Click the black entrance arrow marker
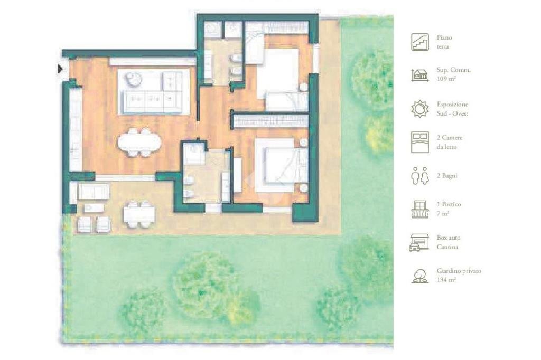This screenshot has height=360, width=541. (61, 69)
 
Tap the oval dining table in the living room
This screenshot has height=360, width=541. (139, 141)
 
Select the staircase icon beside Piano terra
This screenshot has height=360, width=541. (420, 42)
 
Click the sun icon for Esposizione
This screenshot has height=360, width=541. (420, 109)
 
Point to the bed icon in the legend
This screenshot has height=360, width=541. (420, 142)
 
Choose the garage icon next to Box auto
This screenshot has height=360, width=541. (419, 242)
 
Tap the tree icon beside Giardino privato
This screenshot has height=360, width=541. (420, 276)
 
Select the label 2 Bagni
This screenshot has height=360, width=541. (447, 176)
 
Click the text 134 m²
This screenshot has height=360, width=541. (446, 280)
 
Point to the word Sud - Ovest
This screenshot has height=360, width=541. (452, 114)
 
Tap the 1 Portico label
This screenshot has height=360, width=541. (449, 204)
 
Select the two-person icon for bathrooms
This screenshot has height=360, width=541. (420, 176)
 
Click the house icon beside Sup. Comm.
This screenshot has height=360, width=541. (420, 75)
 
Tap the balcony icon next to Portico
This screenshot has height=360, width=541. (420, 210)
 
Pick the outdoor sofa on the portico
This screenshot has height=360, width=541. (94, 192)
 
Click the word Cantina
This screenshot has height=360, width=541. (447, 247)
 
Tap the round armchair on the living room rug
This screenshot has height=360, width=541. (133, 80)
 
